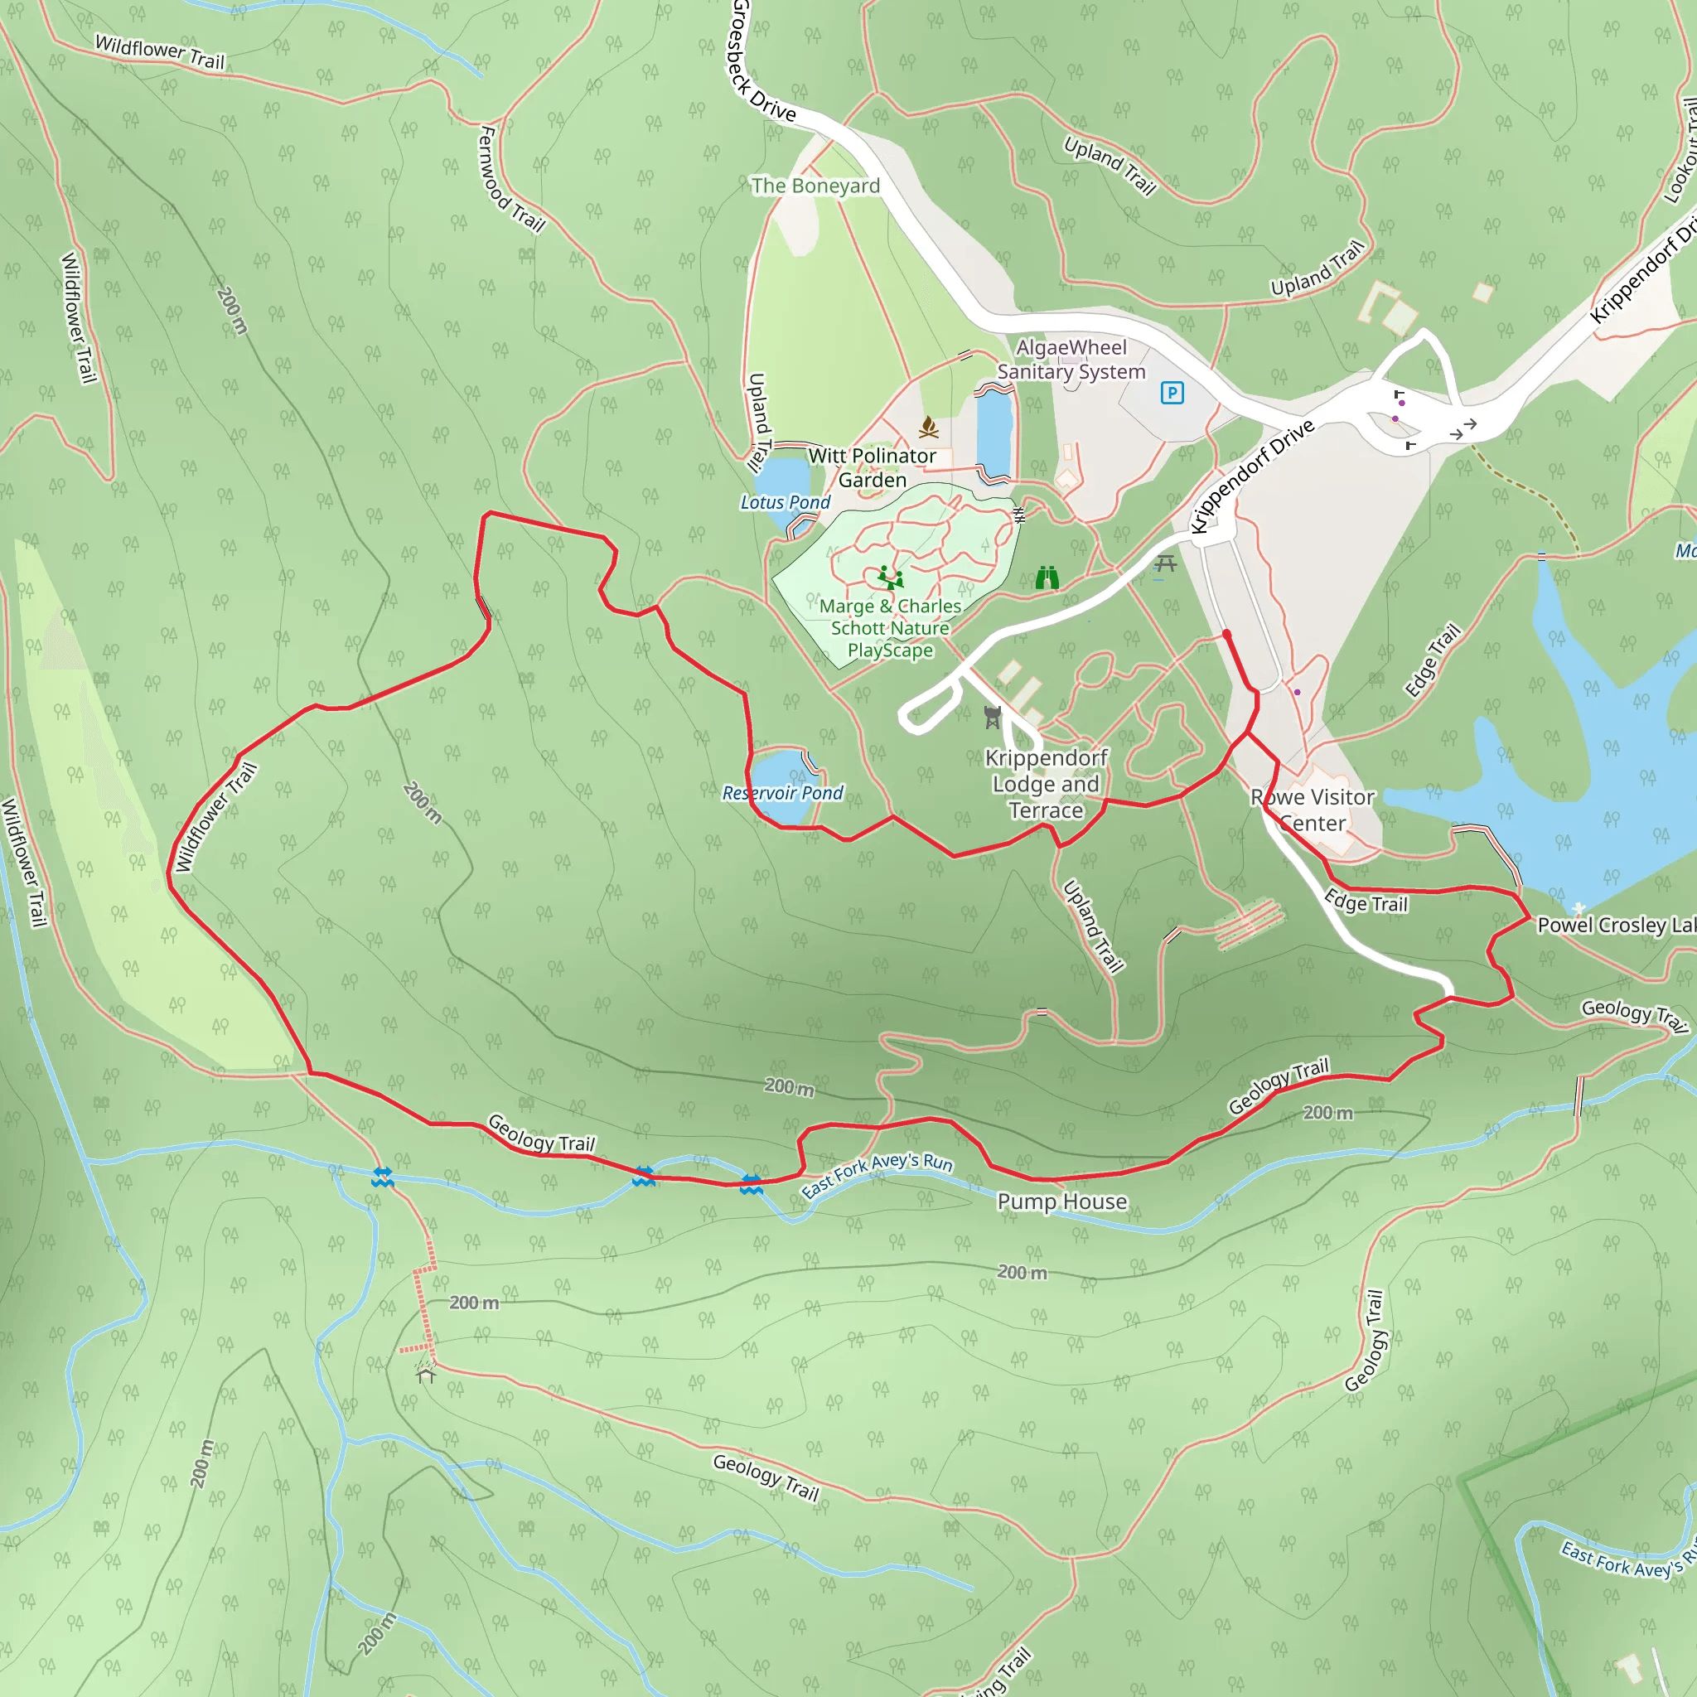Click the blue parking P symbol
click(1172, 393)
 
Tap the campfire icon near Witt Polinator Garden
click(928, 428)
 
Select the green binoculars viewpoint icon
click(1047, 578)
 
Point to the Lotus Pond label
click(785, 502)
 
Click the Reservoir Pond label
click(781, 793)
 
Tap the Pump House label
click(1062, 1201)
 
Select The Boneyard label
click(815, 186)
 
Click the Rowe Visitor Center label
click(1313, 810)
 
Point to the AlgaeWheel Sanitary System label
click(1071, 360)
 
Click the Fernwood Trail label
click(511, 179)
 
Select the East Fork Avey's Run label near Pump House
click(877, 1174)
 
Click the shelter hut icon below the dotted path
click(426, 1375)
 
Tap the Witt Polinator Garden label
click(872, 467)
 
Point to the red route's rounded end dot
click(1226, 633)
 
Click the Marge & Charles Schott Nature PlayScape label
click(890, 628)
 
